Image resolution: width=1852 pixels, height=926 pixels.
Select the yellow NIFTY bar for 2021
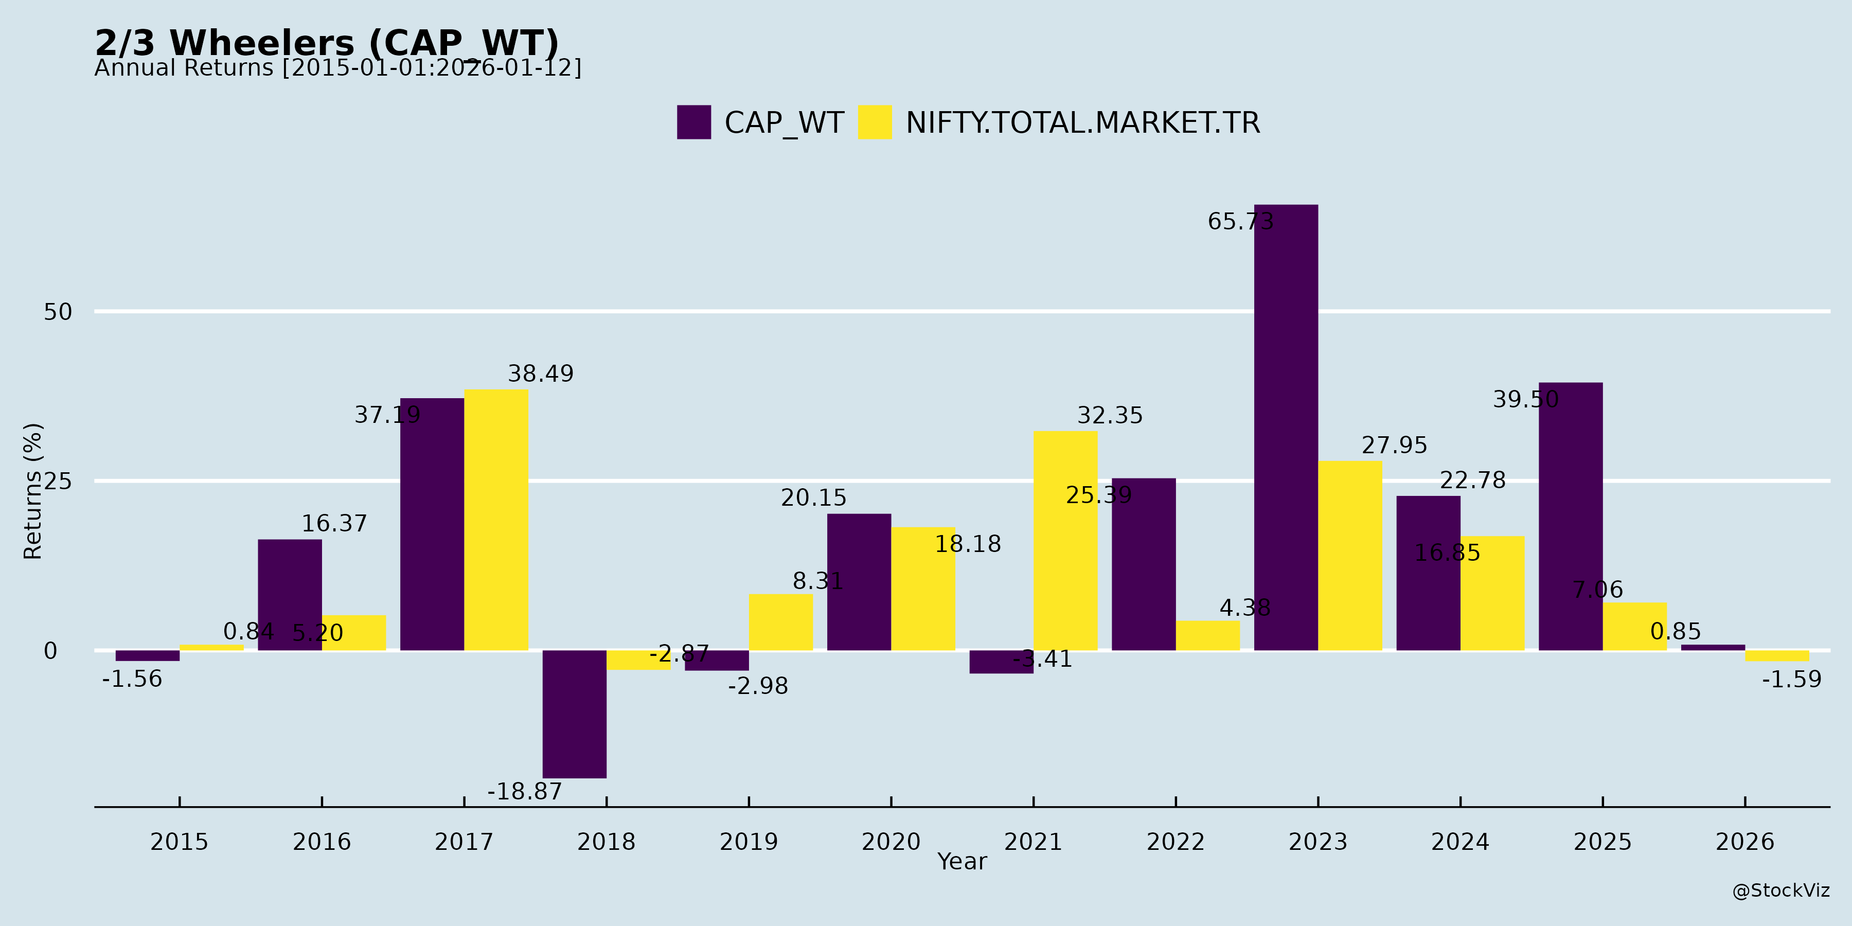coord(1065,541)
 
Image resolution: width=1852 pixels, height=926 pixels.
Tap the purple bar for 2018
coord(575,714)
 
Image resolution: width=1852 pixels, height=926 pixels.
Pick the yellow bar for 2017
coord(496,520)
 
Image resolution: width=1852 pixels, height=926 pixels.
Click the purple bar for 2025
coord(1571,516)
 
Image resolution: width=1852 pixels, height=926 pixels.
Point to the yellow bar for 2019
coord(781,622)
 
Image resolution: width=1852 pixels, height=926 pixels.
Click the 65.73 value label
coord(1240,221)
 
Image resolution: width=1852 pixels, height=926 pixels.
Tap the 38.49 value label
coord(541,374)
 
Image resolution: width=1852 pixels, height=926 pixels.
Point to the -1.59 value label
coord(1792,680)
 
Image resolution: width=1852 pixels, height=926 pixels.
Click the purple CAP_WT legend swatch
coord(694,122)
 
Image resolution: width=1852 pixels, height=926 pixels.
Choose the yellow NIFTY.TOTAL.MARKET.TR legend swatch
coord(875,122)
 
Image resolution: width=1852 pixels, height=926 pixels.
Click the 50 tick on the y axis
coord(58,312)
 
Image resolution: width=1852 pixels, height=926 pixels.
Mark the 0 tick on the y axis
coord(50,651)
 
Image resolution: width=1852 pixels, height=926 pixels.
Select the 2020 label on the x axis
coord(891,841)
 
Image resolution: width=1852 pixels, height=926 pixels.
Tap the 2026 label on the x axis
coord(1745,841)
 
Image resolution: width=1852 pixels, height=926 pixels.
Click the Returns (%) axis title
coord(33,491)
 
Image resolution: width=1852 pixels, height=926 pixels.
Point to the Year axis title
coord(962,861)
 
